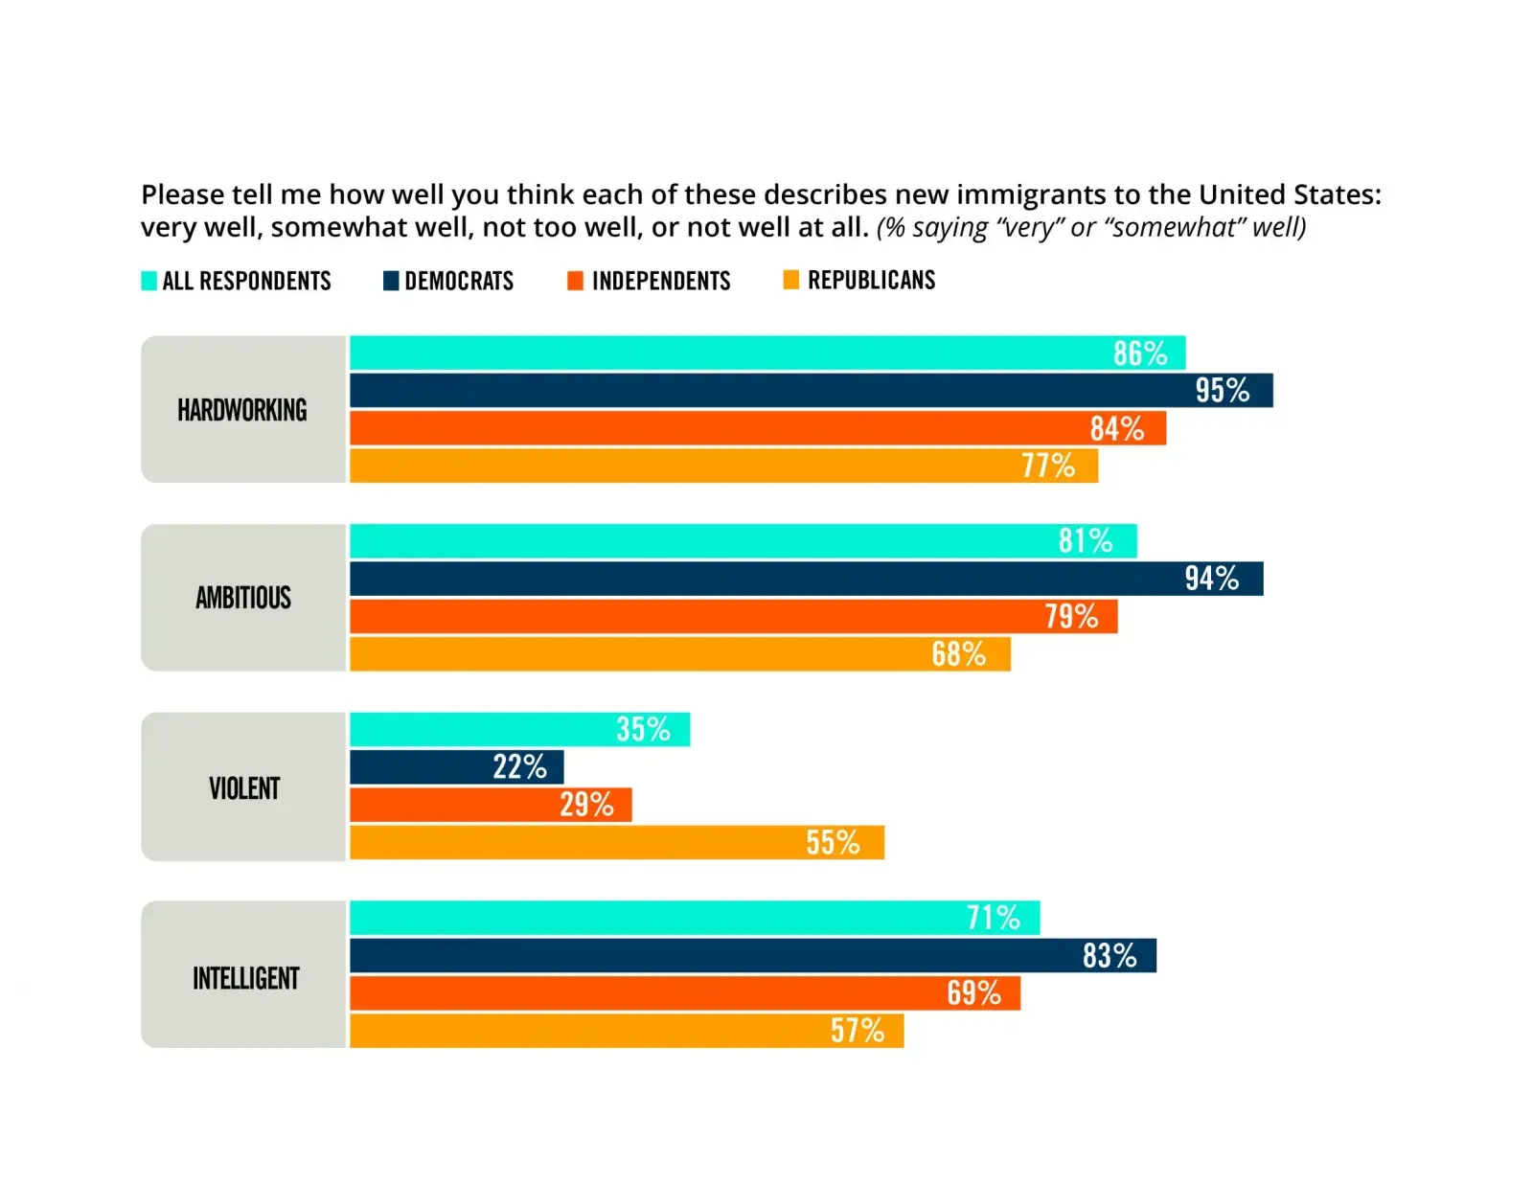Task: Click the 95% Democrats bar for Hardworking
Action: click(x=811, y=391)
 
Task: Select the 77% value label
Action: click(x=1047, y=467)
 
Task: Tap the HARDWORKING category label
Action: click(x=242, y=410)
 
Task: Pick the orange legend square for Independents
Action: click(x=575, y=281)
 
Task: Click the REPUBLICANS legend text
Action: click(x=871, y=281)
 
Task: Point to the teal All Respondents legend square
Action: click(x=149, y=281)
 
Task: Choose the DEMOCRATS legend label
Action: click(x=459, y=281)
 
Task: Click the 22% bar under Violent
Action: click(x=456, y=767)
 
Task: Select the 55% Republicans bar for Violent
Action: click(x=616, y=843)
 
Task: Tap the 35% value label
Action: click(x=643, y=730)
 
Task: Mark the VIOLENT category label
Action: click(x=244, y=788)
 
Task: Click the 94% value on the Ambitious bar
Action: click(x=1211, y=579)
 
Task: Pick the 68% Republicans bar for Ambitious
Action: click(x=679, y=654)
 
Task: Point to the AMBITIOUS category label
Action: click(x=243, y=598)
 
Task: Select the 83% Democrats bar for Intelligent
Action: click(x=752, y=956)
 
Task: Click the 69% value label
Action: click(x=973, y=993)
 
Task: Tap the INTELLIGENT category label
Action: click(x=245, y=978)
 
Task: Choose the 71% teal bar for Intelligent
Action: click(x=694, y=918)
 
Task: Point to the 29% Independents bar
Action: click(x=490, y=805)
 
